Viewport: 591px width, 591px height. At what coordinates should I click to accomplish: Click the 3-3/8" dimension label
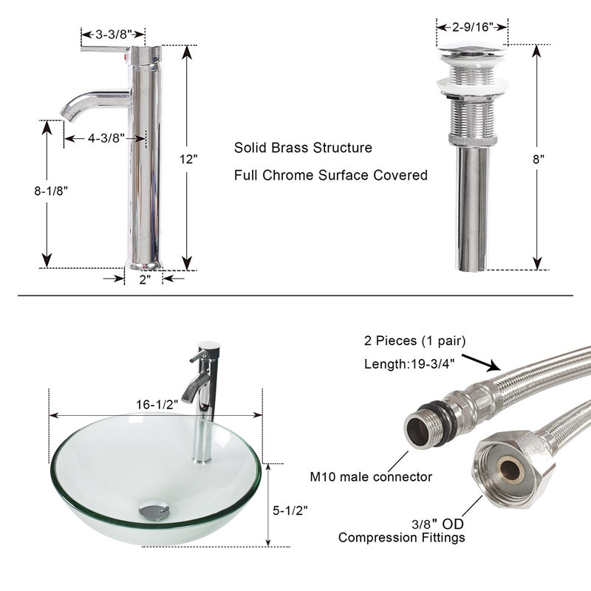point(113,35)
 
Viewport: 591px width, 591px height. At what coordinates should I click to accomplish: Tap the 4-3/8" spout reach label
point(106,138)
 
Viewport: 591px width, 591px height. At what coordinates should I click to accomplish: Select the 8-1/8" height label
point(51,191)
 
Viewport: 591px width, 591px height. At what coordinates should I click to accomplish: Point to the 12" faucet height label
point(188,160)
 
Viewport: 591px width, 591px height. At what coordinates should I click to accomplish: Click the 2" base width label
point(145,280)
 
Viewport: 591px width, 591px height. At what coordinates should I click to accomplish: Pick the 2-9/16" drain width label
point(473,27)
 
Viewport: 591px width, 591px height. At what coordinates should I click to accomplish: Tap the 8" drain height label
point(539,160)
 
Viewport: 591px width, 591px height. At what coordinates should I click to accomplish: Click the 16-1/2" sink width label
point(157,404)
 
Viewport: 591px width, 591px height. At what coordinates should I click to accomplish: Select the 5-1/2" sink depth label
point(290,510)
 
